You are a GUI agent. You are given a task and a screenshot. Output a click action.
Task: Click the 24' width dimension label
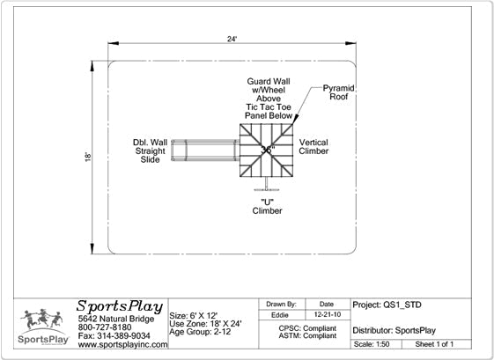pos(232,39)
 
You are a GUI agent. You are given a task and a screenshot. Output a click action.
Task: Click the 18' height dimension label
pos(88,158)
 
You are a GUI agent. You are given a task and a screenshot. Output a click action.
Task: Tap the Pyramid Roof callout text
pos(339,92)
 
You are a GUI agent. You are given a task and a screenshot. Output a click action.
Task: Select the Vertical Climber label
pos(313,147)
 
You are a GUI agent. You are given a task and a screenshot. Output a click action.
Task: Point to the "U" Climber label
pos(267,206)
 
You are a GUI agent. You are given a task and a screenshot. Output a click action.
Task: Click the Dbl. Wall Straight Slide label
pos(150,151)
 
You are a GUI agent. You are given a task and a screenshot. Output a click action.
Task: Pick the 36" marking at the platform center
pos(268,150)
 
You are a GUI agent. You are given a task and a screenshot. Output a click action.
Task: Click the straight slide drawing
pos(205,151)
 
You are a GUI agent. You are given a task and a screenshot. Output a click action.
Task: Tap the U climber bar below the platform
pos(267,189)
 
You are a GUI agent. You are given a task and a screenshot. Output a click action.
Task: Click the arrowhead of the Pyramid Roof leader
pos(295,119)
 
